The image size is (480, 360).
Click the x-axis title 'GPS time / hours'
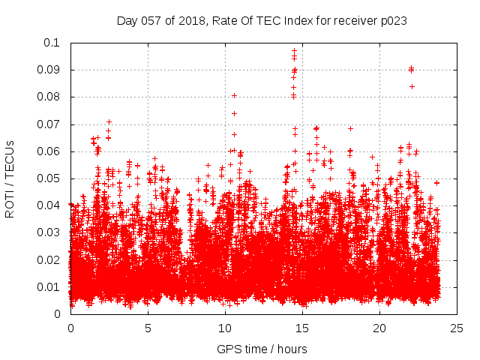[x=262, y=349]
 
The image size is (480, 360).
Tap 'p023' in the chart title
[x=392, y=21]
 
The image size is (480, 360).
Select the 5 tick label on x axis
[x=148, y=328]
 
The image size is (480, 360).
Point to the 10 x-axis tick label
[x=225, y=328]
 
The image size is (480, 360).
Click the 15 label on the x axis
[x=302, y=328]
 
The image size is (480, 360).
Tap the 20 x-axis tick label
[x=380, y=328]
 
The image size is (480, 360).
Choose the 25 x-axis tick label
[x=457, y=328]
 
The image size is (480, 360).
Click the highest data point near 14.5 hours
[x=295, y=50]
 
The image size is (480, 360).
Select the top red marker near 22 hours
[x=411, y=68]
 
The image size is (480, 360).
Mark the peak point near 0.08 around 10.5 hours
[x=234, y=95]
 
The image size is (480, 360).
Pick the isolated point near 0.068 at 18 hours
[x=350, y=128]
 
